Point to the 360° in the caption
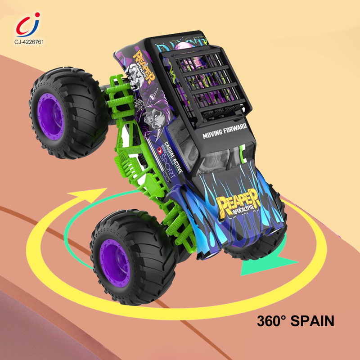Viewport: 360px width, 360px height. click(x=270, y=321)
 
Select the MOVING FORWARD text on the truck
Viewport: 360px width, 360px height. click(x=225, y=131)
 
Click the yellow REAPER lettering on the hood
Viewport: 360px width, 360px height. click(x=238, y=202)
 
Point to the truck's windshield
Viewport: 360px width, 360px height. click(x=216, y=157)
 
